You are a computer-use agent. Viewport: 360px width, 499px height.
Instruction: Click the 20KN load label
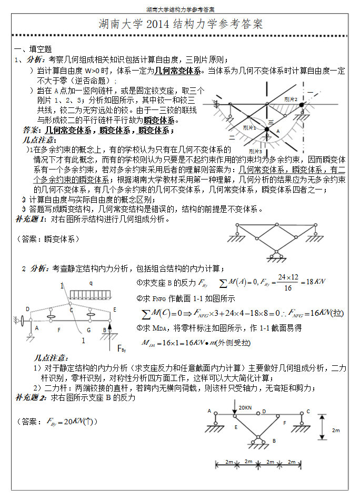point(245,407)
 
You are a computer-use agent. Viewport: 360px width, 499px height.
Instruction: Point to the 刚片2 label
point(291,99)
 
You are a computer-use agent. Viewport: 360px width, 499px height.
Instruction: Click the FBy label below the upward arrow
point(123,349)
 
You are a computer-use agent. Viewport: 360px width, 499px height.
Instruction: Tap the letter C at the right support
point(308,412)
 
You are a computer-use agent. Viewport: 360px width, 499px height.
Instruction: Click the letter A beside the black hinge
point(278,131)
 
